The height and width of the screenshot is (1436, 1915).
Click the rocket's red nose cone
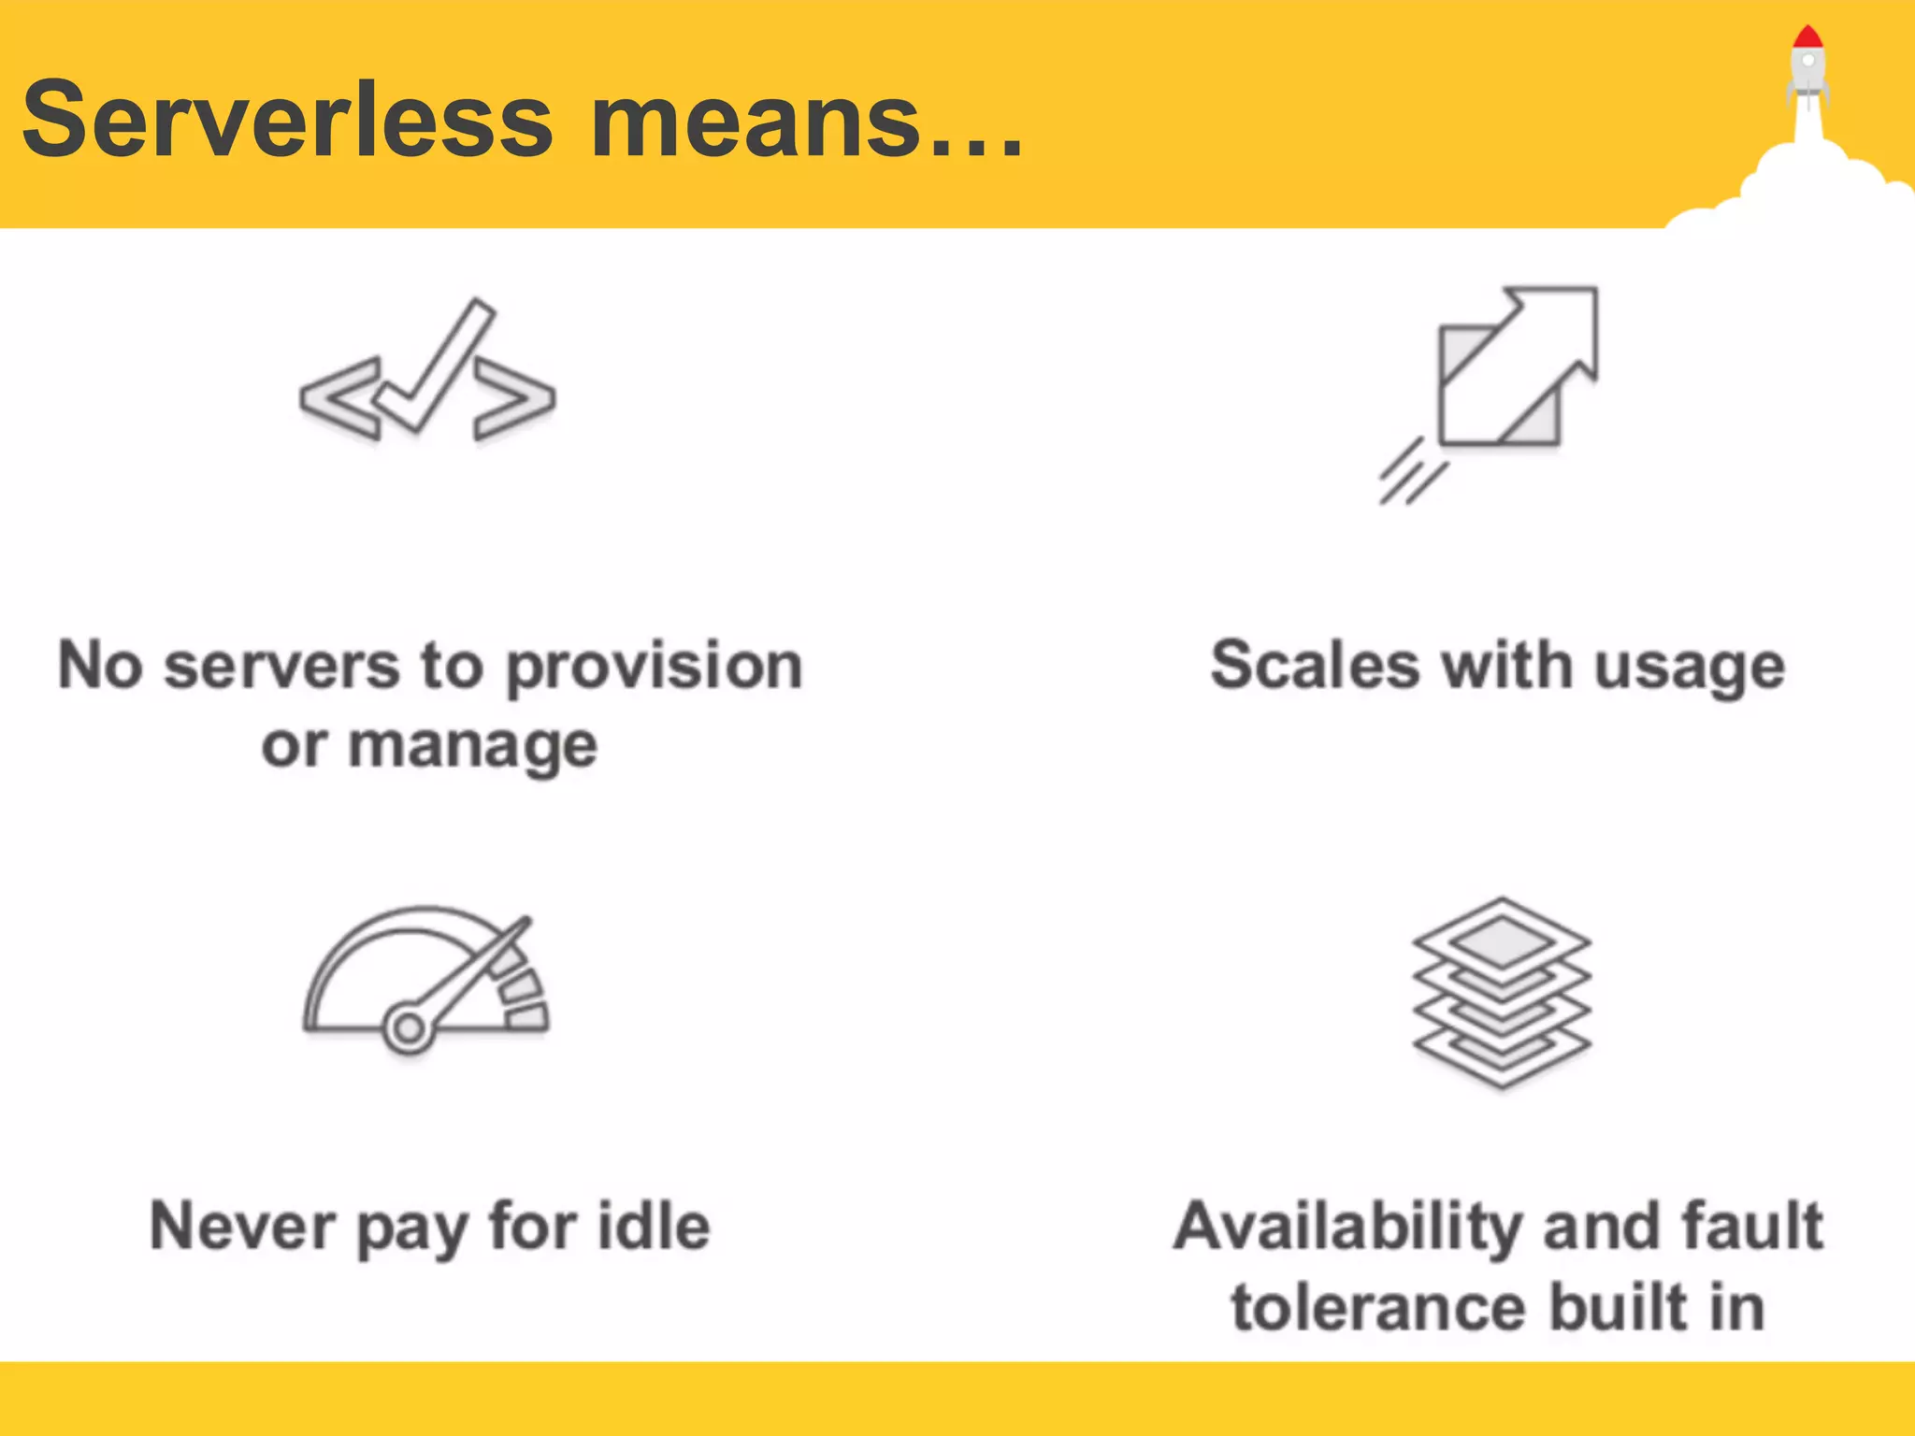click(x=1807, y=37)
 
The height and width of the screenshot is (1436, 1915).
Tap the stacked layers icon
click(x=1502, y=992)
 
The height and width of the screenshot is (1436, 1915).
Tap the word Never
click(x=242, y=1226)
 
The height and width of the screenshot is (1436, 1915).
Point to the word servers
click(x=281, y=667)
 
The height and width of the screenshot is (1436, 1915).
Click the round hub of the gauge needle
click(x=408, y=1029)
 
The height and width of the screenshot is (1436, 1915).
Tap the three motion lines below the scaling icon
click(x=1411, y=472)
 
